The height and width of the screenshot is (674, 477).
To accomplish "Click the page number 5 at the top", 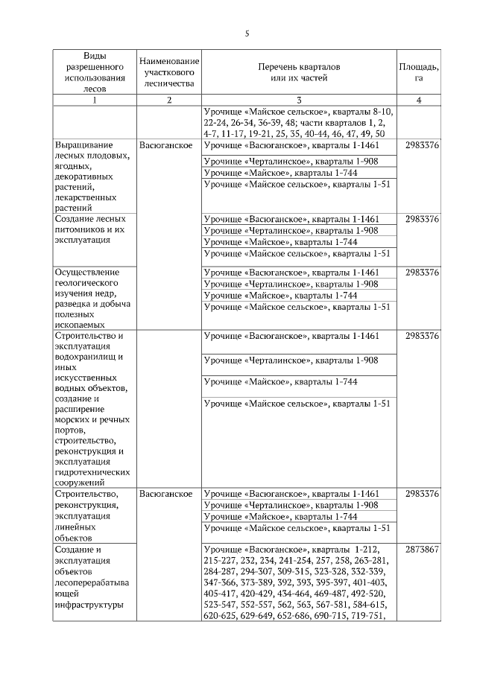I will tap(247, 34).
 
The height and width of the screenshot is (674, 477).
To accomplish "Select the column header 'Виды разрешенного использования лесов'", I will tap(94, 71).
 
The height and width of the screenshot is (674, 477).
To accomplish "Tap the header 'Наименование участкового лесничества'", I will tap(169, 71).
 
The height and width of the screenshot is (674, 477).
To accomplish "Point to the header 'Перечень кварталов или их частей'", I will tap(298, 71).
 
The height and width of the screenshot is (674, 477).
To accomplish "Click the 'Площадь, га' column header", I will tap(419, 71).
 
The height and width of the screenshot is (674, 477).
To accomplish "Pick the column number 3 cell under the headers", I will tap(298, 100).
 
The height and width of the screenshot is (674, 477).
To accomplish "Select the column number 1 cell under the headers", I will tap(94, 100).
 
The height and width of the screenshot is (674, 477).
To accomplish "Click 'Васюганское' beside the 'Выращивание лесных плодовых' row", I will tap(166, 144).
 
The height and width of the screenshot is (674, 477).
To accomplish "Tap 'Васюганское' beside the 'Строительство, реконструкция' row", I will tap(166, 494).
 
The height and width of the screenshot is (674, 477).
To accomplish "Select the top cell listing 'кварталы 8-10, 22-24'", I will tap(298, 122).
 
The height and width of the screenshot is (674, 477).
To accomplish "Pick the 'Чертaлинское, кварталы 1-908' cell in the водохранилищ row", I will tap(298, 360).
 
